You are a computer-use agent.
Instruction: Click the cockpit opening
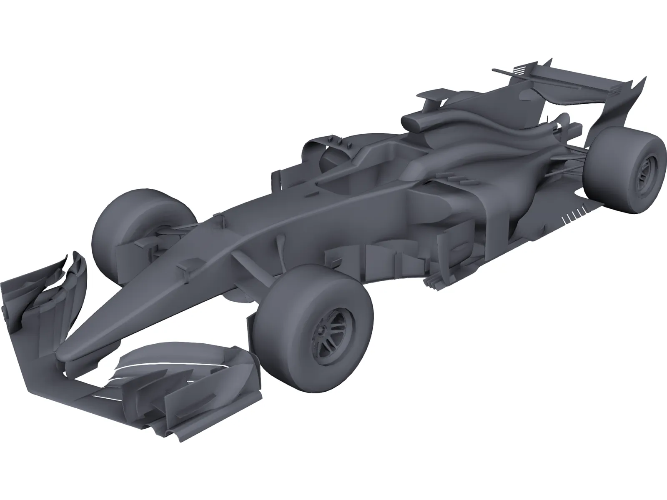[367, 167]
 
